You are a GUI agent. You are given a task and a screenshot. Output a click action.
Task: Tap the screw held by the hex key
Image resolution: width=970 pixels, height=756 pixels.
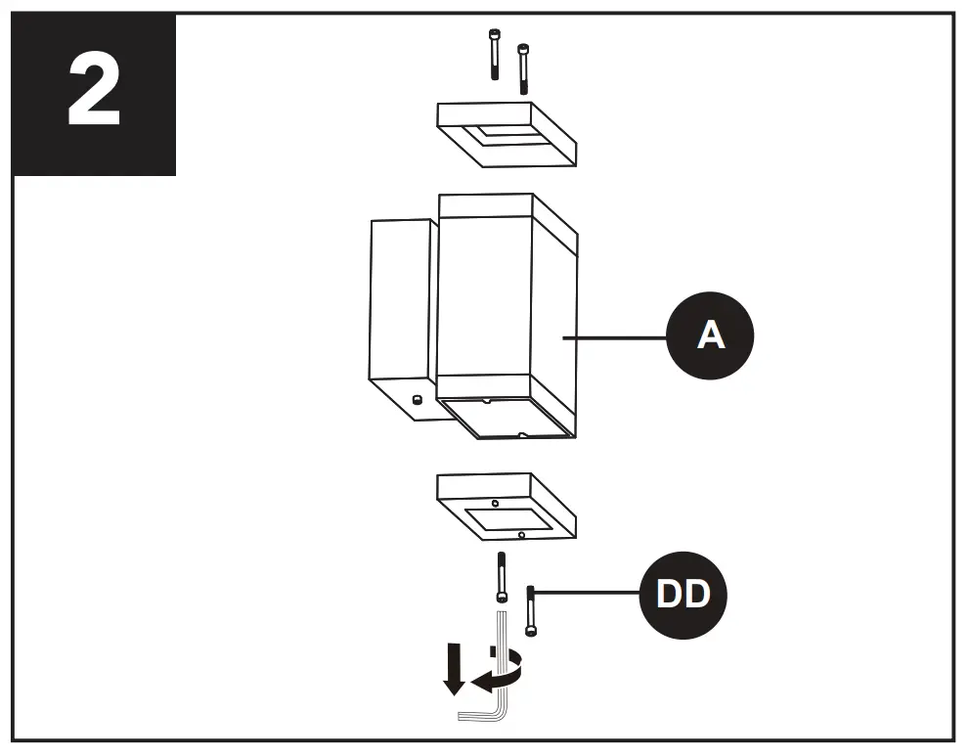[502, 579]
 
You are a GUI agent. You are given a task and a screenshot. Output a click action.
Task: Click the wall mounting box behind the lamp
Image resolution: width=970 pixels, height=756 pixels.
[401, 303]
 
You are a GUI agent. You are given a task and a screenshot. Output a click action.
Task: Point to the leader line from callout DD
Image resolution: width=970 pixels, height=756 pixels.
[587, 591]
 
